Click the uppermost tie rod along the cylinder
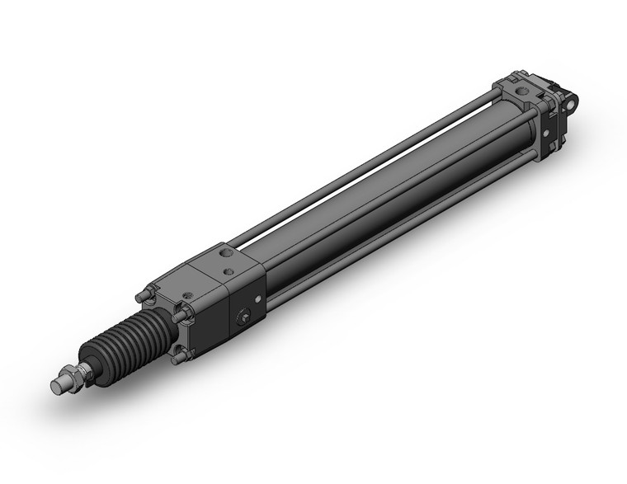363,164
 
